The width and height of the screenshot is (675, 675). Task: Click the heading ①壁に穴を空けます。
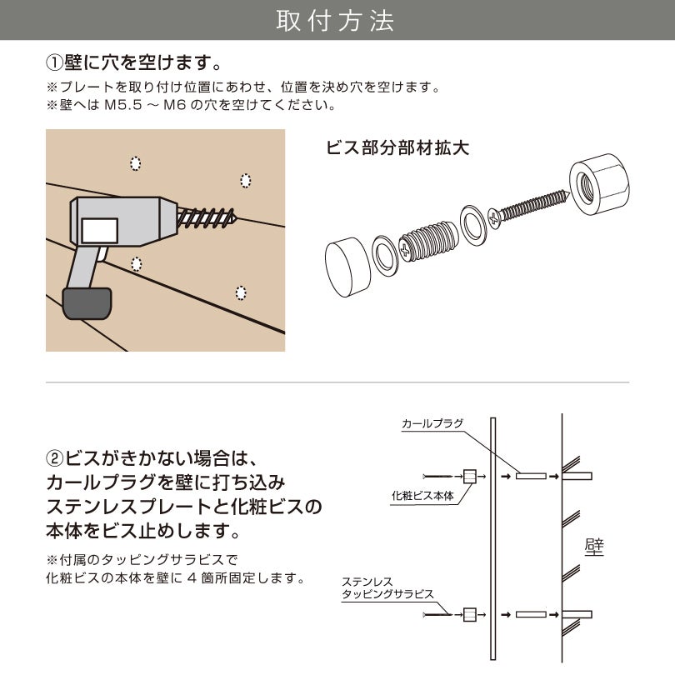[133, 63]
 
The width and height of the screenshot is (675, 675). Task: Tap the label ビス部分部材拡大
[397, 147]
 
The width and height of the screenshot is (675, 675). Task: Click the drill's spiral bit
[208, 218]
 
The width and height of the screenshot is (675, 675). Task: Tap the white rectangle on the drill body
[100, 229]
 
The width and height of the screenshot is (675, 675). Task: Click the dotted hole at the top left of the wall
[136, 163]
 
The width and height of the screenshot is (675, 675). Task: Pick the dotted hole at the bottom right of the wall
[241, 292]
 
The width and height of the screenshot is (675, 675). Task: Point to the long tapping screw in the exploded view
[529, 209]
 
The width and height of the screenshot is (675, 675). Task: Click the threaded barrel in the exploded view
[428, 242]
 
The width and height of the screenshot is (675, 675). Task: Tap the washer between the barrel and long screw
[472, 225]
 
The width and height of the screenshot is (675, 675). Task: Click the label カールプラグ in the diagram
[432, 424]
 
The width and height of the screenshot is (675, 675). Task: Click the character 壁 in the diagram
[594, 547]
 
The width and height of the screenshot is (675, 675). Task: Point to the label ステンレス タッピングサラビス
[387, 587]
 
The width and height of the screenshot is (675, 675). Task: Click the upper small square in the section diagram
[469, 477]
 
